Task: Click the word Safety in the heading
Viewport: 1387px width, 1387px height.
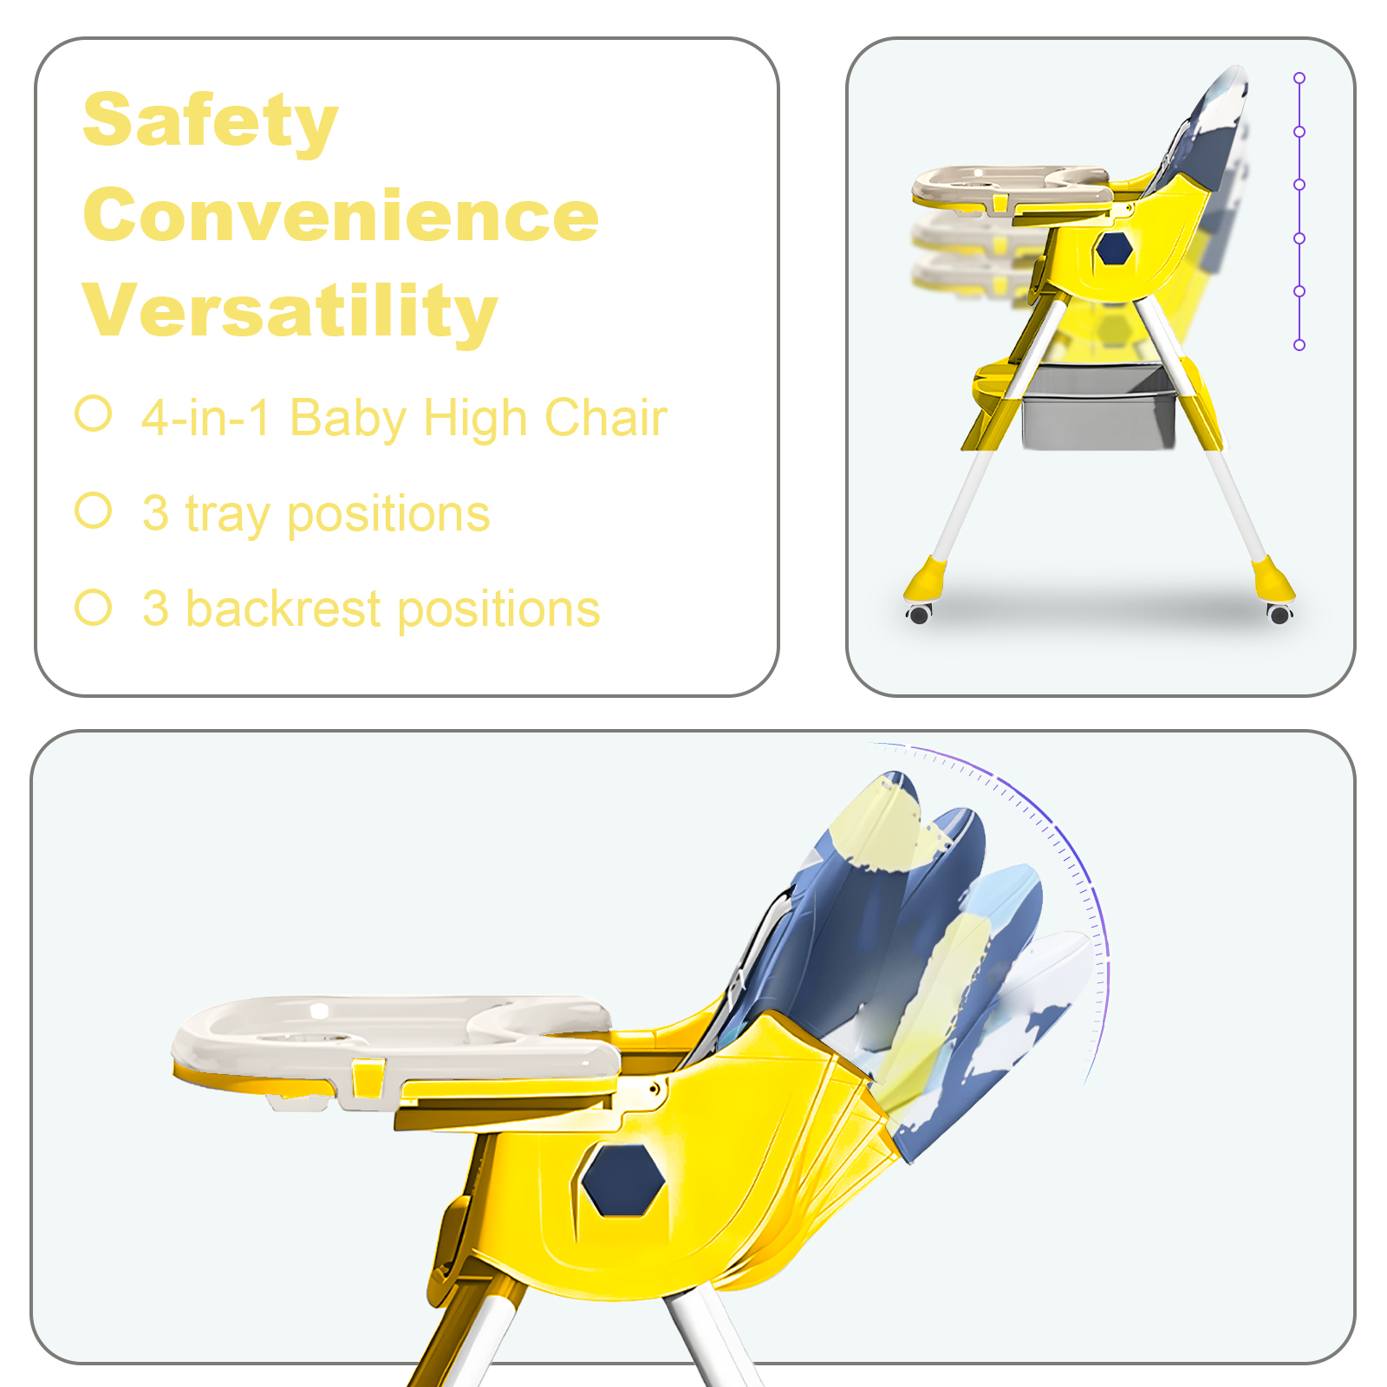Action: [211, 121]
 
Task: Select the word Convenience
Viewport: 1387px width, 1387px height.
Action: [341, 215]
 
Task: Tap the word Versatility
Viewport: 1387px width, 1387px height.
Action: [290, 310]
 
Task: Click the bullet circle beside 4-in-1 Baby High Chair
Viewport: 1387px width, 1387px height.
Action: [94, 413]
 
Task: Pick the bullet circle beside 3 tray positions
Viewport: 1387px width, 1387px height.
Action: [94, 511]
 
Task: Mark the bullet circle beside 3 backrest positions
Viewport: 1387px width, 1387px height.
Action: [94, 608]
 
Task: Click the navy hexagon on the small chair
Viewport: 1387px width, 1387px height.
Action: [1114, 249]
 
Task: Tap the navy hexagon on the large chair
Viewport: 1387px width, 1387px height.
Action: [623, 1179]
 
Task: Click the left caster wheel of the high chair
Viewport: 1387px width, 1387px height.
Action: [919, 613]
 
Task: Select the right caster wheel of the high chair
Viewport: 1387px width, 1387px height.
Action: [1280, 614]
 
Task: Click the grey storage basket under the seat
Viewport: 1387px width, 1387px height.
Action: [1099, 407]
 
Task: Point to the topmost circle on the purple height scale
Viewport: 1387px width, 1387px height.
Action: [1299, 78]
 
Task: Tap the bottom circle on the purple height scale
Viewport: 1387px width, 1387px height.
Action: [1299, 345]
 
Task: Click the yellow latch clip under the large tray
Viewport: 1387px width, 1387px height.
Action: [368, 1078]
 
